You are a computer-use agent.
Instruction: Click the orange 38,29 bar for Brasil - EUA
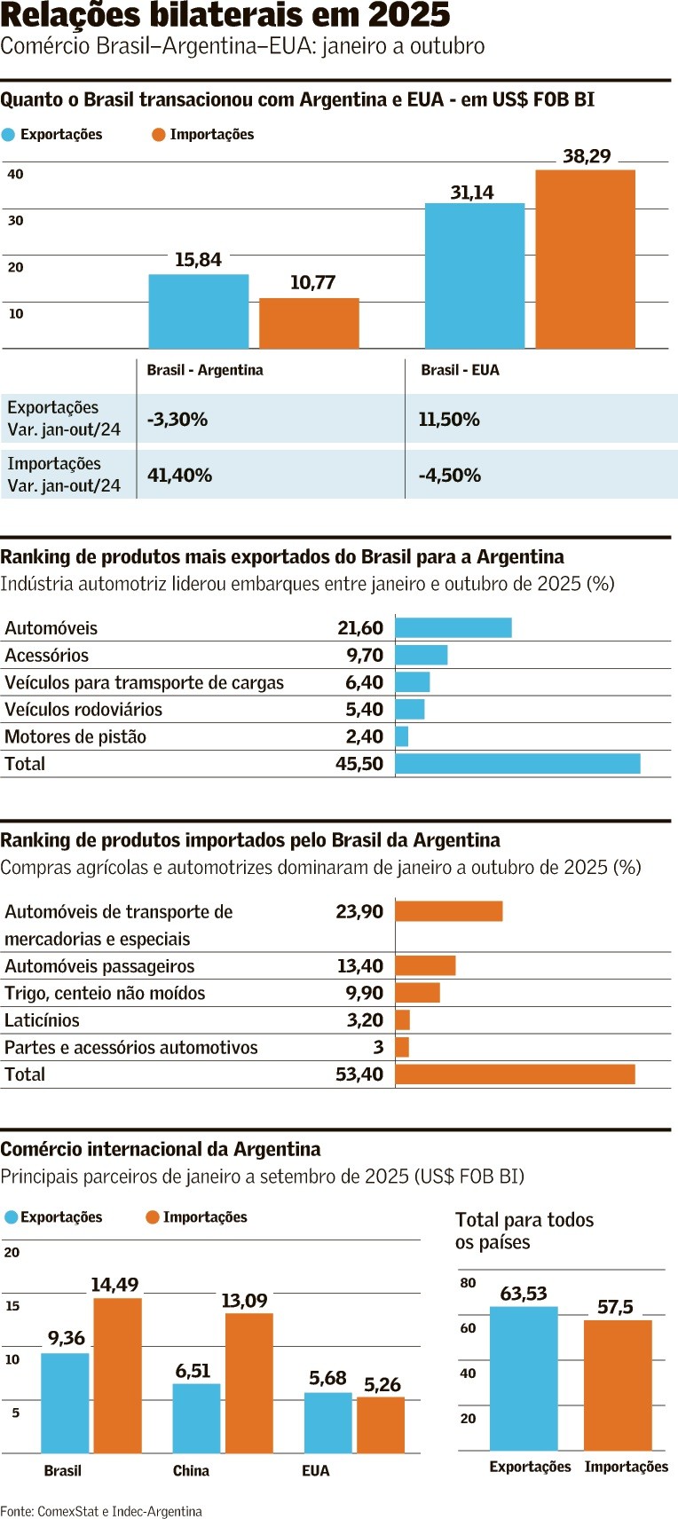(585, 259)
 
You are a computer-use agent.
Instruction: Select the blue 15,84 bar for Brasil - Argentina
(198, 311)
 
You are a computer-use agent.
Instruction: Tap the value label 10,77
(312, 283)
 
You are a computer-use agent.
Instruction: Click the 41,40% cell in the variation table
(179, 476)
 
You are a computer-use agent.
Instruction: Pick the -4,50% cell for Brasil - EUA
(449, 476)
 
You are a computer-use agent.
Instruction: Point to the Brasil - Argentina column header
(205, 370)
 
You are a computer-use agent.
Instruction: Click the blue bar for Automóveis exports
(453, 628)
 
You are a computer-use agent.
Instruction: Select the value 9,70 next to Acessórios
(365, 656)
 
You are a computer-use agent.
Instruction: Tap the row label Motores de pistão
(75, 737)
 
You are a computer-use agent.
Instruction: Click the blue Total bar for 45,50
(517, 764)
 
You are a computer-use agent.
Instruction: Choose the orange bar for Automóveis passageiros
(425, 966)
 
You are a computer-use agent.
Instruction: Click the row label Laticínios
(42, 1020)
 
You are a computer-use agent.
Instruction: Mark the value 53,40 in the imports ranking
(359, 1074)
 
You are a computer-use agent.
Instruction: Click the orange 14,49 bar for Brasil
(117, 1375)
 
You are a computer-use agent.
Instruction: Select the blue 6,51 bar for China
(196, 1418)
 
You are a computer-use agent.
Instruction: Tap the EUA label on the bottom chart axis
(315, 1471)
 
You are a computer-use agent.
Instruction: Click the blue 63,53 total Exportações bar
(524, 1378)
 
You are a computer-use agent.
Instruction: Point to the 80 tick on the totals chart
(468, 1283)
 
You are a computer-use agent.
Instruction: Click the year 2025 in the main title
(408, 16)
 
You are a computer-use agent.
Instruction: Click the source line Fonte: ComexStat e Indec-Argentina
(101, 1511)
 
